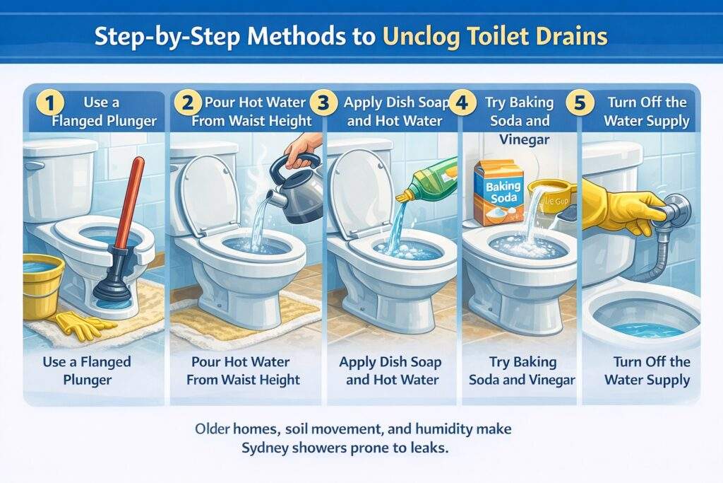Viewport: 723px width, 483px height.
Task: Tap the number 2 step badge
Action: pyautogui.click(x=187, y=103)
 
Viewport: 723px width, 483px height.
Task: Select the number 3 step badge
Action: pyautogui.click(x=323, y=103)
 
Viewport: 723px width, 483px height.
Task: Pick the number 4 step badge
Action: pyautogui.click(x=462, y=103)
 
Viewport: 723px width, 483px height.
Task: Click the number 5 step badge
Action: pyautogui.click(x=580, y=103)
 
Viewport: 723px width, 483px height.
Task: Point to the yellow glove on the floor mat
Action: pyautogui.click(x=83, y=325)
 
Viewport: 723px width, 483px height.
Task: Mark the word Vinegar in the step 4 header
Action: pyautogui.click(x=525, y=139)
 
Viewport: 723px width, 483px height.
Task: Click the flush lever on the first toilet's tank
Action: pyautogui.click(x=32, y=165)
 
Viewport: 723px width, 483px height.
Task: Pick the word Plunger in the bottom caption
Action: pyautogui.click(x=87, y=380)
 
